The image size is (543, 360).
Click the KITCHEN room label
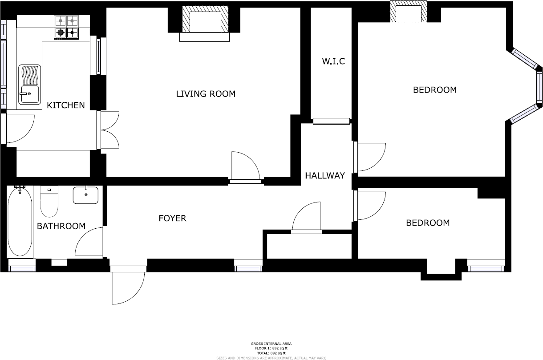[65, 105]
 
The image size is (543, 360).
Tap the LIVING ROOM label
[205, 94]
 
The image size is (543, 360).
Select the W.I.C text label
[333, 61]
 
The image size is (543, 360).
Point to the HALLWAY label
[324, 176]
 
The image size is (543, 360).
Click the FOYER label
[172, 218]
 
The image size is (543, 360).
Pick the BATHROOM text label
[61, 227]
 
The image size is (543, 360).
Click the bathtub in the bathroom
[20, 221]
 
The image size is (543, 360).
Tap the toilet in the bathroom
[49, 202]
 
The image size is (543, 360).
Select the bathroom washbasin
[85, 195]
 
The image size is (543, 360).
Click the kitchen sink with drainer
[29, 85]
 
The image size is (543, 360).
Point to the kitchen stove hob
[66, 27]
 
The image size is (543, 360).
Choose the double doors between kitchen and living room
[109, 130]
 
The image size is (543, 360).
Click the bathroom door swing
[91, 243]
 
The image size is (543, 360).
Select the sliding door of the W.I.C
[332, 121]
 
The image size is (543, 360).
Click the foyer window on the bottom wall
[248, 268]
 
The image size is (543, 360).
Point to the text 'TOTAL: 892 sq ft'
[271, 353]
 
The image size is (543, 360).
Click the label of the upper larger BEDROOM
[434, 90]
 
